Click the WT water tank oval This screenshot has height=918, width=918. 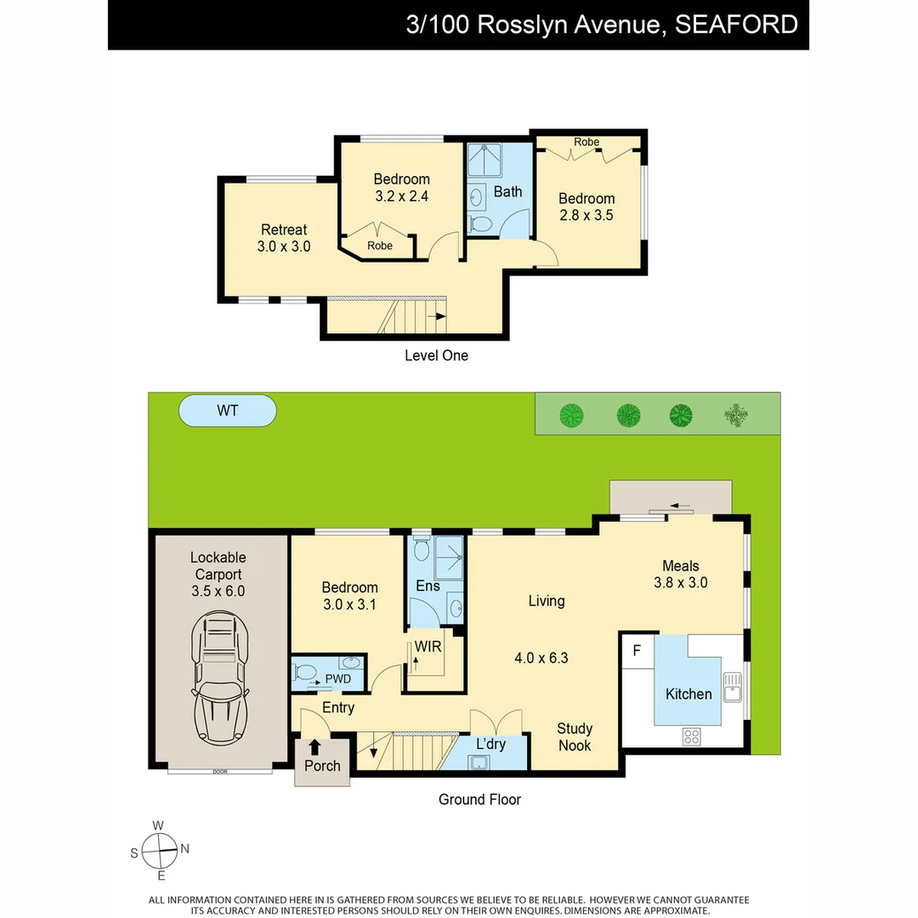click(227, 411)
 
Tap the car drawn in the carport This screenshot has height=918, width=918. click(219, 677)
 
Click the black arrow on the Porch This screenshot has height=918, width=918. click(314, 747)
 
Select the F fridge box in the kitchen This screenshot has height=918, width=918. click(637, 650)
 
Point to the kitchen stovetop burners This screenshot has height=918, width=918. click(691, 736)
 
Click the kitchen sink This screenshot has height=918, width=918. click(733, 687)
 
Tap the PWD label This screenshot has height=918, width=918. click(337, 678)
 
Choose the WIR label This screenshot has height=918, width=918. click(428, 647)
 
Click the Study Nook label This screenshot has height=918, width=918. click(575, 736)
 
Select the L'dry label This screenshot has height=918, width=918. click(490, 744)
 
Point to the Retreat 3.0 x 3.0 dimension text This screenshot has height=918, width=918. click(284, 246)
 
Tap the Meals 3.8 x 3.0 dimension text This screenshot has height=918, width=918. click(680, 582)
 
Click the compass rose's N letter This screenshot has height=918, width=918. click(184, 849)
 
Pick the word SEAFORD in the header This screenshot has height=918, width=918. click(736, 25)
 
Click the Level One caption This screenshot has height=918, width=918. click(436, 355)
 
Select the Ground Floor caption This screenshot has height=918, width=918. click(479, 799)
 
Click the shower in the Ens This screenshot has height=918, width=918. click(449, 558)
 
